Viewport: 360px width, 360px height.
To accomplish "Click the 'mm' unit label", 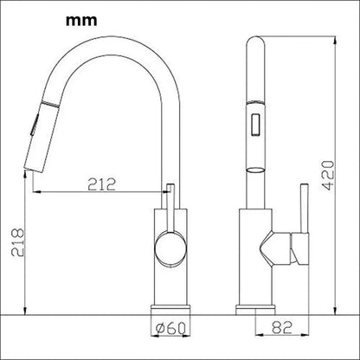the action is (81, 21).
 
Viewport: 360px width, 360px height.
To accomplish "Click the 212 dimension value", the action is (101, 184).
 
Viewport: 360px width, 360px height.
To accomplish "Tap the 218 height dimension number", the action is (17, 242).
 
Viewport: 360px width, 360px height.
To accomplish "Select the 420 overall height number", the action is (327, 176).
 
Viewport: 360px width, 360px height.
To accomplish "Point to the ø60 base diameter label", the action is (170, 328).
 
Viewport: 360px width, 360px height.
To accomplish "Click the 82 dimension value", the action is (282, 327).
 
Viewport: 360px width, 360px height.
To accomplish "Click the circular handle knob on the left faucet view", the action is (170, 247).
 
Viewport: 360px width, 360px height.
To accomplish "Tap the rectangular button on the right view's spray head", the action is (256, 124).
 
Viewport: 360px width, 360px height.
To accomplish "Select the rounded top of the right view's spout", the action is (256, 42).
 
